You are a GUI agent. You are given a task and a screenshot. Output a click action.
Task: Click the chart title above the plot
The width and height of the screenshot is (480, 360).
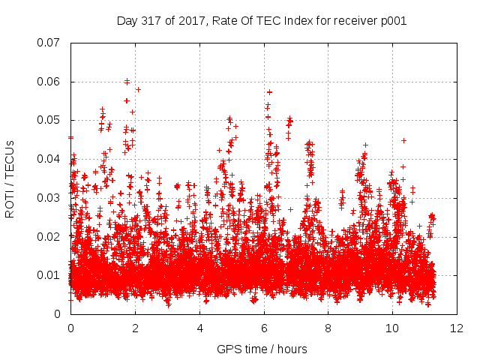[262, 21]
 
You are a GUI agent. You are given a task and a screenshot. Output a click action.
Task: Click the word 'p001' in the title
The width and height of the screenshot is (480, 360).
[394, 21]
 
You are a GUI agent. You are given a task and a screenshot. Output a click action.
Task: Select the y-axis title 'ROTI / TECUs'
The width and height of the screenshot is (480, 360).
[10, 179]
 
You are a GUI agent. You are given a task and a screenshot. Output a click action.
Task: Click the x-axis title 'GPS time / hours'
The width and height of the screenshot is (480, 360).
[262, 349]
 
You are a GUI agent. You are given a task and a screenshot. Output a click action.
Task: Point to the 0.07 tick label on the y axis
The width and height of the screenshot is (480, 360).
[48, 43]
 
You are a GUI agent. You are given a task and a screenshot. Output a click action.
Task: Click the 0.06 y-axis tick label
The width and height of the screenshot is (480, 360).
[48, 82]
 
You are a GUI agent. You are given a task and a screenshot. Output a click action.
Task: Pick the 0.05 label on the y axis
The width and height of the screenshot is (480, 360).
[48, 120]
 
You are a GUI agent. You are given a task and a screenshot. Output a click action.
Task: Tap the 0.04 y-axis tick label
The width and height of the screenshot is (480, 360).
[48, 159]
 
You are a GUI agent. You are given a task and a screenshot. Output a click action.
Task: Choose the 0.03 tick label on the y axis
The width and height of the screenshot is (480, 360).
[48, 198]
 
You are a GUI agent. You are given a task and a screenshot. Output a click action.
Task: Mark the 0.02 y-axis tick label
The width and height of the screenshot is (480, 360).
[48, 237]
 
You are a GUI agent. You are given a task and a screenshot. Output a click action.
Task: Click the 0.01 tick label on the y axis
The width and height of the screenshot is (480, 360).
[48, 275]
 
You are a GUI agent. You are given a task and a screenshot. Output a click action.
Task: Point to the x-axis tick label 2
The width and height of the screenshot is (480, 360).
[135, 328]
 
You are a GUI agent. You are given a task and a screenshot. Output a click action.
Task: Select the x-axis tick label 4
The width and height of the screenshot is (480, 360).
[200, 328]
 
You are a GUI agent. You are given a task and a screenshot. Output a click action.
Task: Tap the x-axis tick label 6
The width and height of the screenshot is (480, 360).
[264, 328]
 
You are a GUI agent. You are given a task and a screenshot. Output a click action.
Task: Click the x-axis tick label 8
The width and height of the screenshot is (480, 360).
[328, 328]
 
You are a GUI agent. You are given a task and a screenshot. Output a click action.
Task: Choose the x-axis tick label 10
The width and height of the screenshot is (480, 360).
[392, 328]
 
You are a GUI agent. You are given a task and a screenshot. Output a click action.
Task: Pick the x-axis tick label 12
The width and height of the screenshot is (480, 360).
[457, 328]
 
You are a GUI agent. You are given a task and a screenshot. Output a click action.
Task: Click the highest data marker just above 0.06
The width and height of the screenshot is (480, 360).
[127, 81]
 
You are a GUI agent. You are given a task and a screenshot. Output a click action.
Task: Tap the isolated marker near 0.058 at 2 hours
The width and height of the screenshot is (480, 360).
[138, 89]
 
